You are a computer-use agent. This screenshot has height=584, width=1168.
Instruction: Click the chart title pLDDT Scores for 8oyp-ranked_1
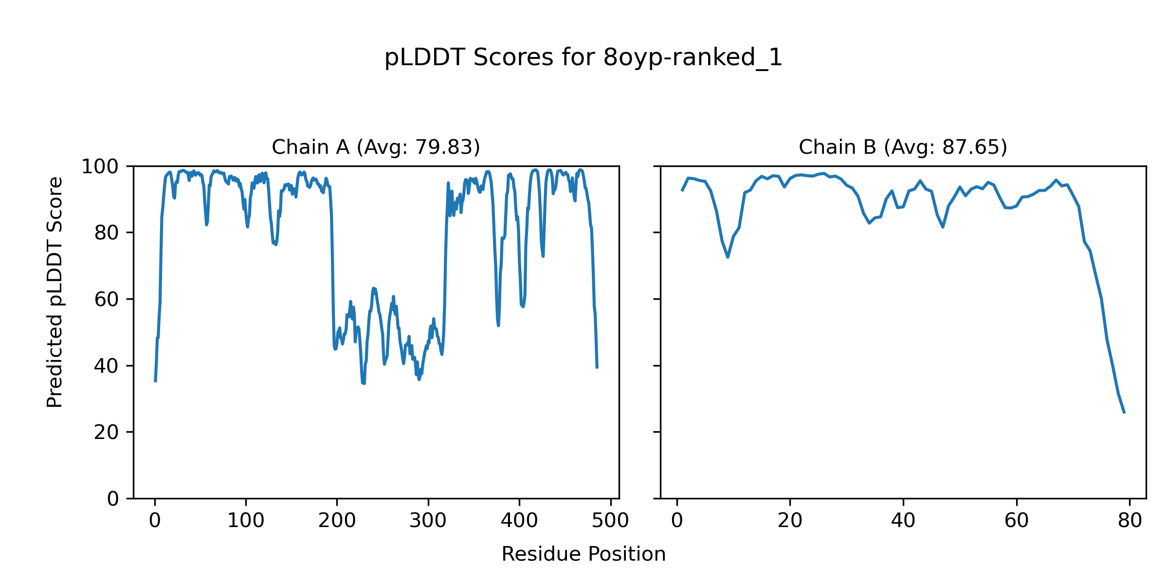coord(583,58)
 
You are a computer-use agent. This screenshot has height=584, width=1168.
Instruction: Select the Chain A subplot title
coord(376,147)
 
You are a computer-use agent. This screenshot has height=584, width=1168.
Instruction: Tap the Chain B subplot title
coord(903,147)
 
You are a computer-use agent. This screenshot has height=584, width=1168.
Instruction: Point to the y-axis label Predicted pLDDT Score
coord(55,292)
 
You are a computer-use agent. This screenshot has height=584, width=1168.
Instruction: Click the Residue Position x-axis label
coord(583,554)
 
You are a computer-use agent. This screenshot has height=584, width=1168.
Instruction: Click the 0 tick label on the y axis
coord(113,499)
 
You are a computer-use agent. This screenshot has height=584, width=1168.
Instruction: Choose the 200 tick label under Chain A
coord(337,521)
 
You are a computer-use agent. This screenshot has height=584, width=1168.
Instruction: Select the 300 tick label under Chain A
coord(428,521)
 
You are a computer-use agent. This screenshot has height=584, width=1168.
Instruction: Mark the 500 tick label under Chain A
coord(610,521)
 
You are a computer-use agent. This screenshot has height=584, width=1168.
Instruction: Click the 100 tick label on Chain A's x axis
coord(246,521)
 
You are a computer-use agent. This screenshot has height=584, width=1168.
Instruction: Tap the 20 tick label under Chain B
coord(790,521)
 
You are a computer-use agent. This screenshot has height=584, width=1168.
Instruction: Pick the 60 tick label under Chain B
coord(1017,521)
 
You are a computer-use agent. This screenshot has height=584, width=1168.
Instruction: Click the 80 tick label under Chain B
coord(1130,521)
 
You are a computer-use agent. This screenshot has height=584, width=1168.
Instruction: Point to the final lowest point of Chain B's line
coord(1124,413)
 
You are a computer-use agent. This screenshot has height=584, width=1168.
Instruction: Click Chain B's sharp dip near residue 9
coord(728,256)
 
